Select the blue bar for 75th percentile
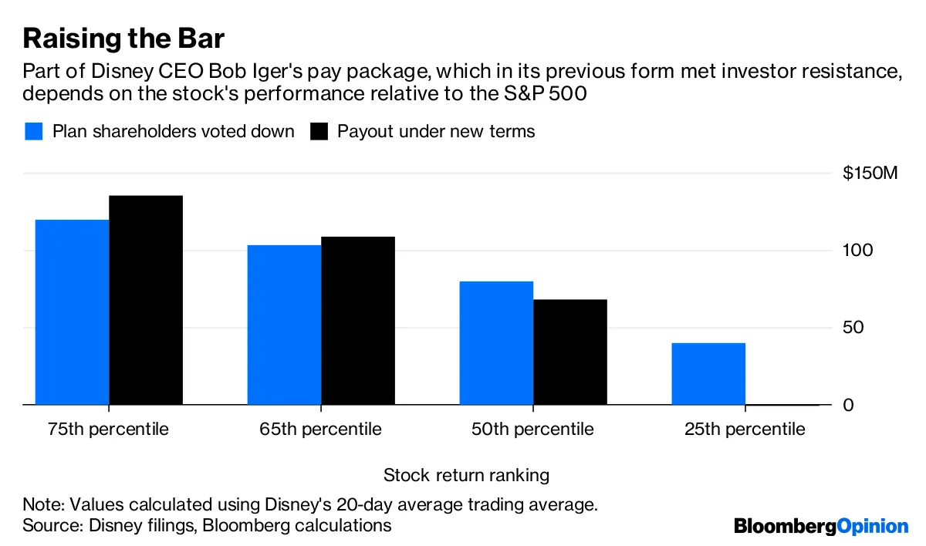point(72,312)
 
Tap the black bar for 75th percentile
point(146,301)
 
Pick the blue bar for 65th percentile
point(284,325)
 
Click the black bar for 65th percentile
point(358,321)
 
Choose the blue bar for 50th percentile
point(496,343)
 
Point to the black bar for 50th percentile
point(570,352)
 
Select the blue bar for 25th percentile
point(708,374)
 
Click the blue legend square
point(34,131)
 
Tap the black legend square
point(319,131)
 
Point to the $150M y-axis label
point(870,174)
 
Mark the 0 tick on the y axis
point(848,405)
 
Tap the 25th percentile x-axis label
point(745,430)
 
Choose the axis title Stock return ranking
point(466,475)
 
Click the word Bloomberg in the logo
point(785,526)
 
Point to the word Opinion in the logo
point(873,527)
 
